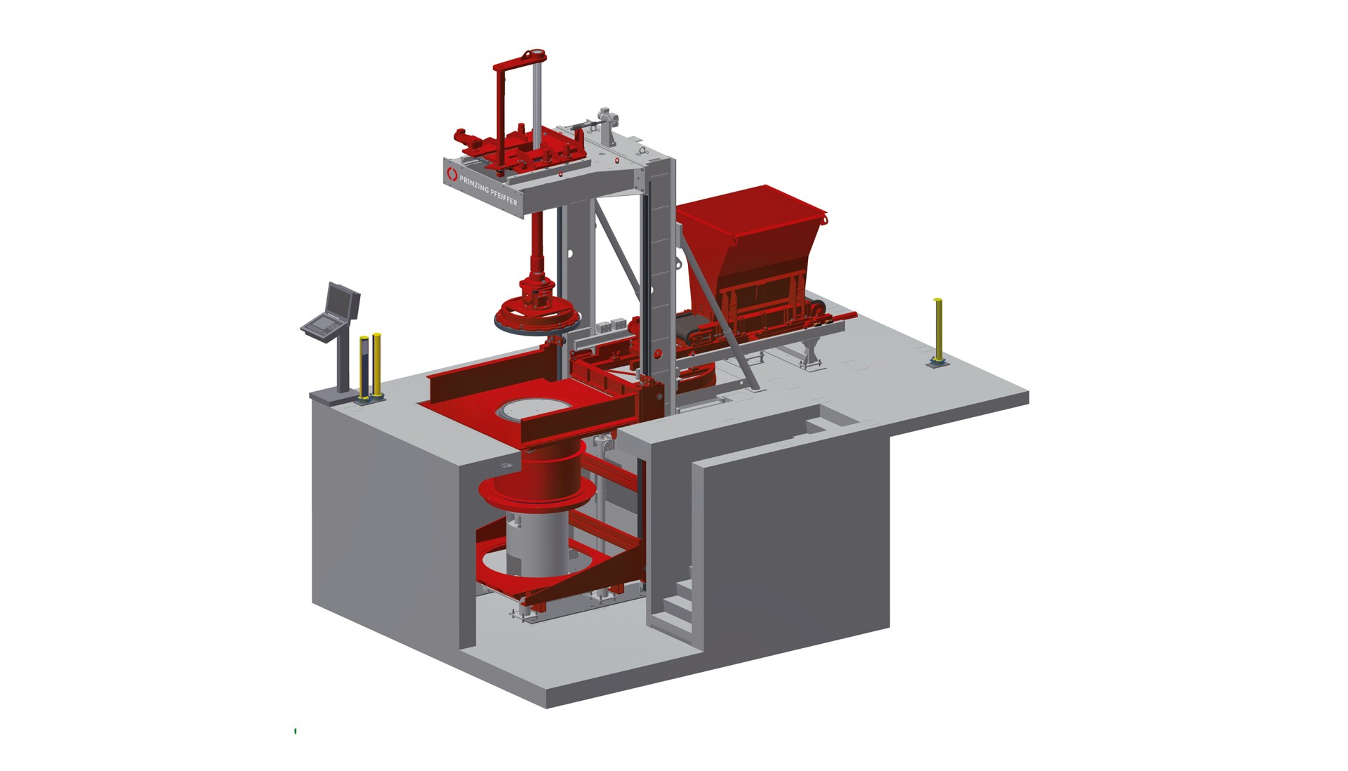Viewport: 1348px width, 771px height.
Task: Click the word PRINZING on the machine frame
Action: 475,185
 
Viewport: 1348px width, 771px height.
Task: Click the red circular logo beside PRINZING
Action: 452,172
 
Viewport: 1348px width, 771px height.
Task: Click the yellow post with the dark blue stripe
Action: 364,368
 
